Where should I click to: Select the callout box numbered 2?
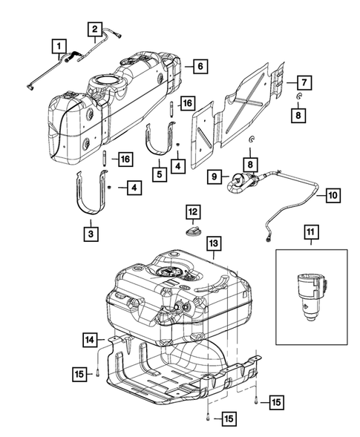point(95,30)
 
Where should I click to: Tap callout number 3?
point(89,233)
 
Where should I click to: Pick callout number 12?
point(192,212)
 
